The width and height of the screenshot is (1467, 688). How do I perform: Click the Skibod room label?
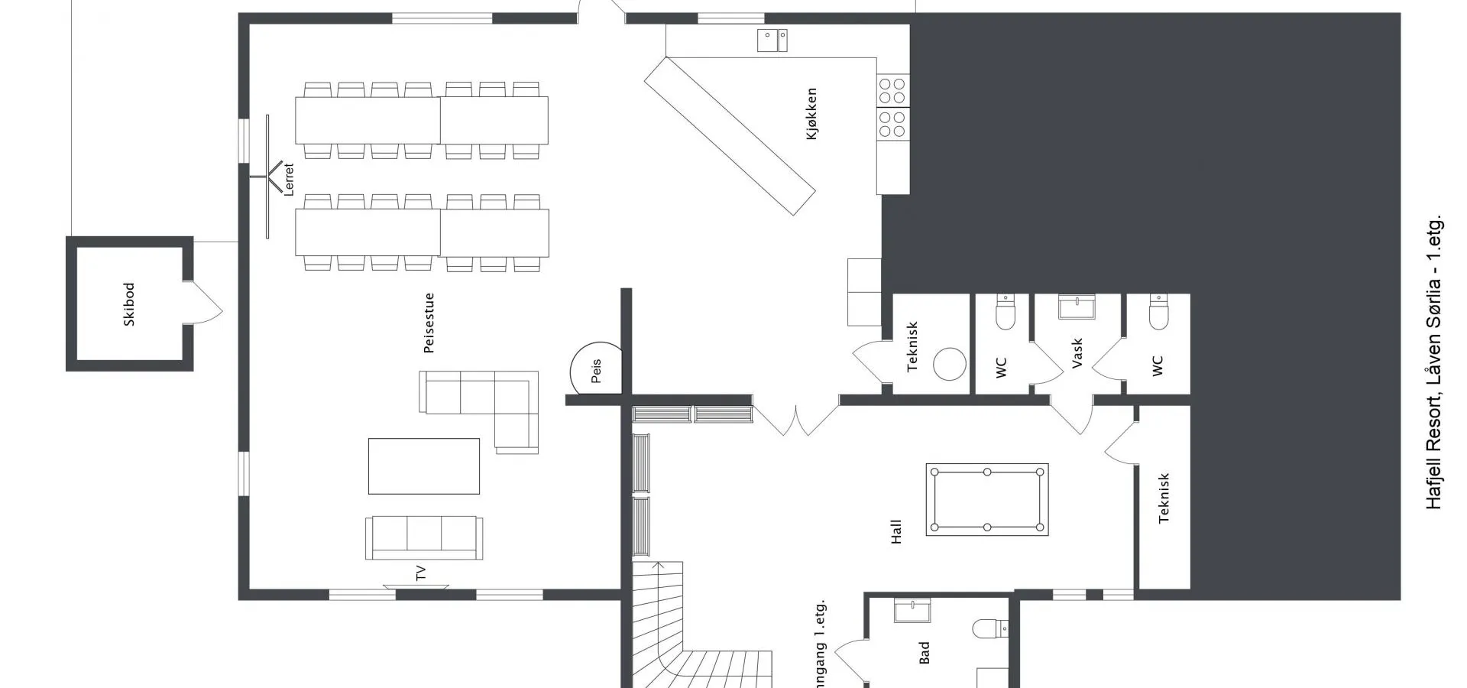pyautogui.click(x=129, y=304)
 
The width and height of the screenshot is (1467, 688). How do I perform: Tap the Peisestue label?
pyautogui.click(x=429, y=323)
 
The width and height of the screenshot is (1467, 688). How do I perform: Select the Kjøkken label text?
pyautogui.click(x=811, y=114)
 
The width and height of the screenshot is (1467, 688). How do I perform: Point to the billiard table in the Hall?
pyautogui.click(x=987, y=499)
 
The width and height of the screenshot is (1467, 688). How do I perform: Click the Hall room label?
pyautogui.click(x=896, y=532)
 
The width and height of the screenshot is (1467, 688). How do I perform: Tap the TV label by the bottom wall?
pyautogui.click(x=420, y=573)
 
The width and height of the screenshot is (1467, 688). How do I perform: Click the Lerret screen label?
pyautogui.click(x=288, y=180)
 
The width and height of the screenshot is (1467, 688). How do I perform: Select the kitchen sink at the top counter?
pyautogui.click(x=772, y=41)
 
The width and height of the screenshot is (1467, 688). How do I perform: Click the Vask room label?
pyautogui.click(x=1077, y=354)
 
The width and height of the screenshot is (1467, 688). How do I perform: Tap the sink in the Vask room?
pyautogui.click(x=1077, y=307)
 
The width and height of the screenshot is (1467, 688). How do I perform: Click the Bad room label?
pyautogui.click(x=925, y=652)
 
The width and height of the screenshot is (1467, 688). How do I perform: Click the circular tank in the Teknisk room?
pyautogui.click(x=950, y=364)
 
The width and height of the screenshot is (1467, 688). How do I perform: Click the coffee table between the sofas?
pyautogui.click(x=424, y=466)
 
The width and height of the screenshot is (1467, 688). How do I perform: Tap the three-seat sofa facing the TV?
pyautogui.click(x=424, y=537)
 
